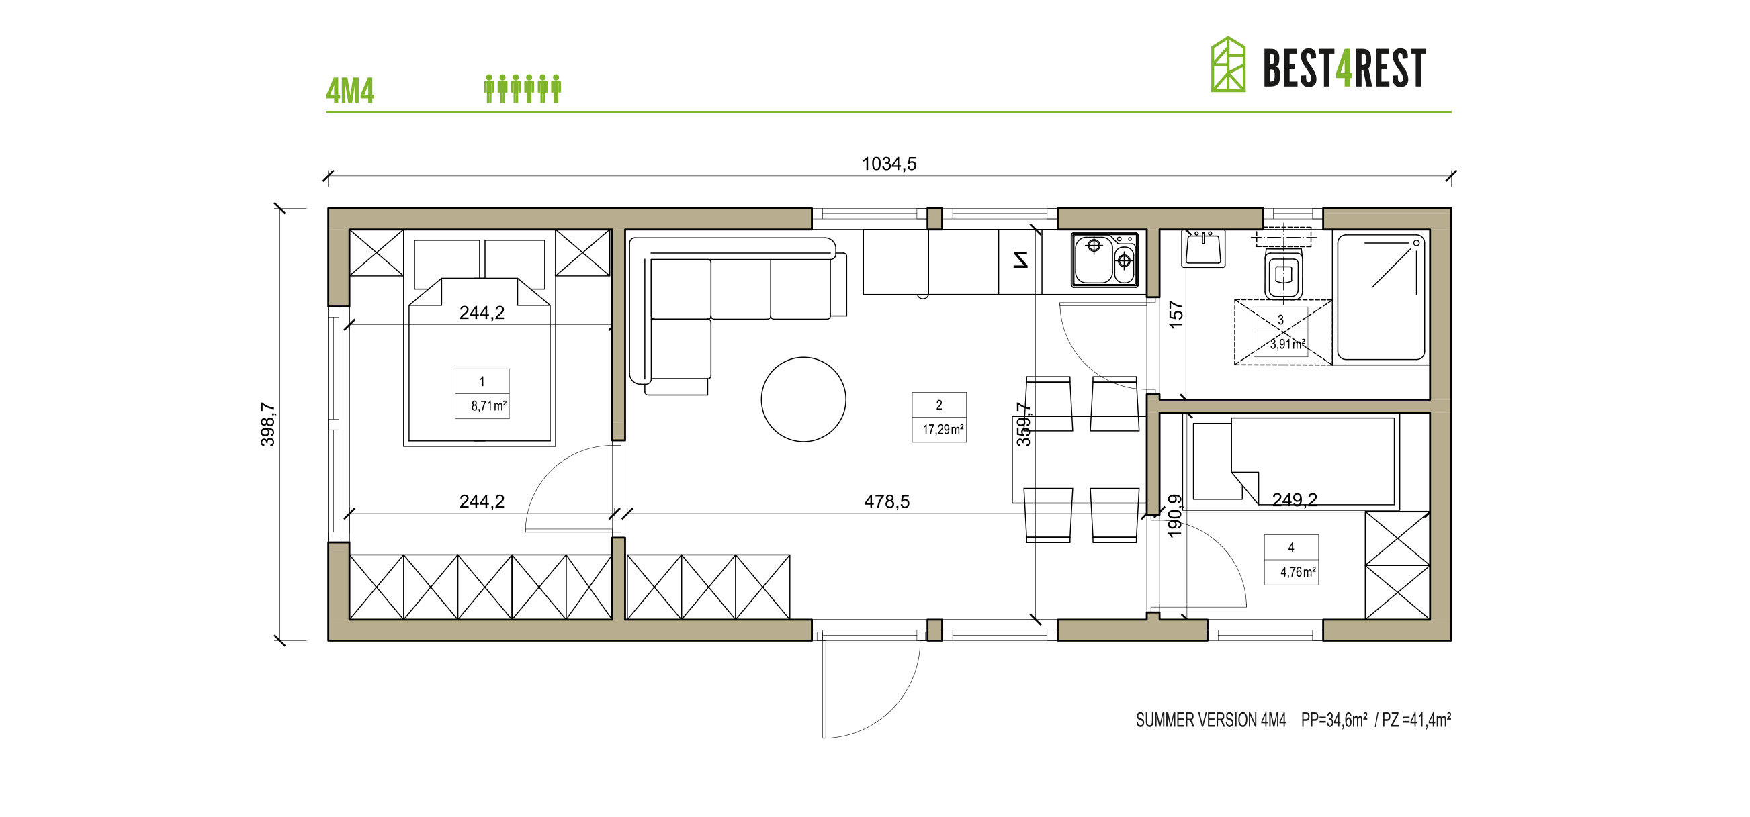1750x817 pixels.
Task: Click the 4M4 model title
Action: coord(350,91)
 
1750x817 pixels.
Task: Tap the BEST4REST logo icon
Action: coord(1227,64)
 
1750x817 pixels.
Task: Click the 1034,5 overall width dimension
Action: coord(889,164)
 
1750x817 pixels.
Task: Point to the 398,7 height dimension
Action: coord(267,424)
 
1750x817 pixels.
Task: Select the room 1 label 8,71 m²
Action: coord(482,394)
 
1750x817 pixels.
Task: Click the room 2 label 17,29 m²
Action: coord(939,418)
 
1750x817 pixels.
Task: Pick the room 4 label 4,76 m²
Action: coord(1290,561)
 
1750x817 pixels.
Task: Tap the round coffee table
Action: coord(803,399)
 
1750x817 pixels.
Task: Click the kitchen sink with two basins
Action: coord(1104,259)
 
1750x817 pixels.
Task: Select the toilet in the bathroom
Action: coord(1283,274)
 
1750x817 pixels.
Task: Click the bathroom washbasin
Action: coord(1203,248)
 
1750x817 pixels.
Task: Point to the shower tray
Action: coord(1381,296)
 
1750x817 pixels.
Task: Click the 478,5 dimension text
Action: coord(887,502)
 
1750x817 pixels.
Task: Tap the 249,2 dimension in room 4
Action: coord(1294,501)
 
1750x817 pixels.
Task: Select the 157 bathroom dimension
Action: coord(1176,315)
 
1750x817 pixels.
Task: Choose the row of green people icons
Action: coord(523,89)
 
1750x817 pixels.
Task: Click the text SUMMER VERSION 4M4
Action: coord(1211,720)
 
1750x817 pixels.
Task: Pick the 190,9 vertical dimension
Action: coord(1174,516)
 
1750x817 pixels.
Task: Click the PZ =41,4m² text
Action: coord(1416,720)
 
